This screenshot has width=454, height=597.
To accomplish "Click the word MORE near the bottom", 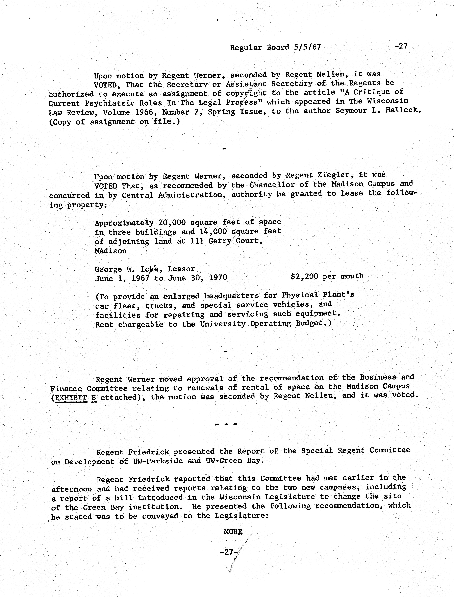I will tap(233, 532).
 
